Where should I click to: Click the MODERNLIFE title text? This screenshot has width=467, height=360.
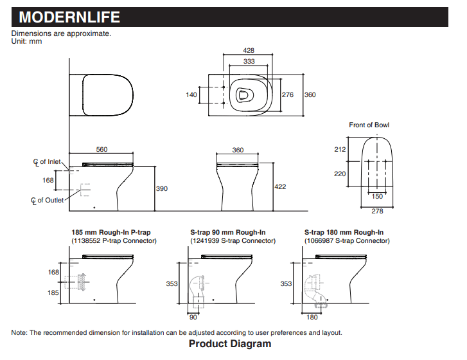[x=69, y=17]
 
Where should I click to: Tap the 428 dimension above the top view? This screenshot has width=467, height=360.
[x=249, y=50]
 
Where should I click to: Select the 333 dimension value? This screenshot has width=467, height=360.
[x=249, y=62]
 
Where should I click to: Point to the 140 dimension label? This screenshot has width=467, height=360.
[x=191, y=94]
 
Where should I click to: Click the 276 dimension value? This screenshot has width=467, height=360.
[x=288, y=94]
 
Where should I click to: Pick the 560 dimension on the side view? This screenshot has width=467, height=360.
[x=102, y=149]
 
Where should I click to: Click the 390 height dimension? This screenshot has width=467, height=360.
[x=163, y=188]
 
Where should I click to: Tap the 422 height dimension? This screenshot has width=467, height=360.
[x=280, y=187]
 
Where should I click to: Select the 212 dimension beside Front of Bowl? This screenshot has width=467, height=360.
[x=340, y=150]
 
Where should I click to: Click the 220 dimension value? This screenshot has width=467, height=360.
[x=340, y=174]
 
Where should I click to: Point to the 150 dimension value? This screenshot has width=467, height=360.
[x=378, y=197]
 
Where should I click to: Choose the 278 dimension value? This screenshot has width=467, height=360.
[x=378, y=211]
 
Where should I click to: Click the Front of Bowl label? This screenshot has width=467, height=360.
[x=369, y=125]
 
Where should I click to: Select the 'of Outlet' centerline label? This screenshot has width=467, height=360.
[x=48, y=201]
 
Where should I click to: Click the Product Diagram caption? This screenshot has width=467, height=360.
[x=229, y=344]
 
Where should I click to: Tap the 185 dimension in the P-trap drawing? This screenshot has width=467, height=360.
[x=54, y=292]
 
